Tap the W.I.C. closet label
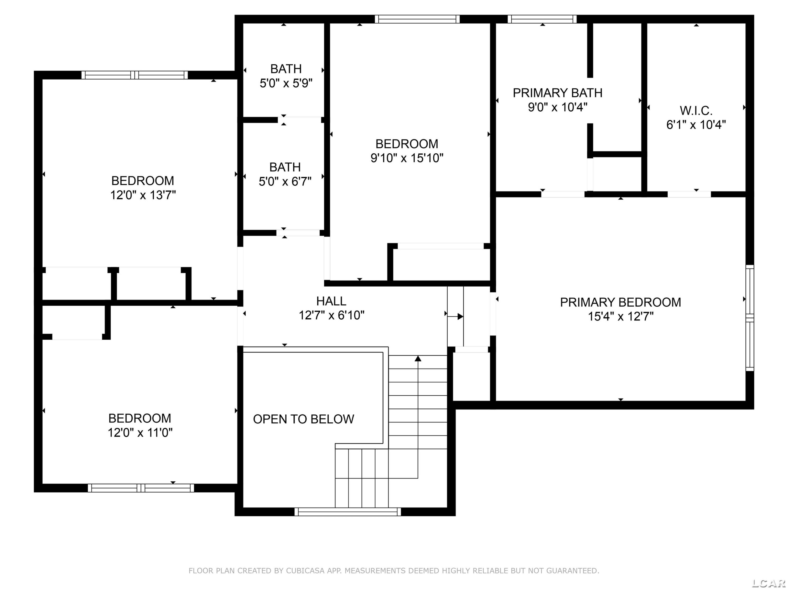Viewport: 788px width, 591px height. (696, 111)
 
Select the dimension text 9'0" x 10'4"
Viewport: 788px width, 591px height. (558, 107)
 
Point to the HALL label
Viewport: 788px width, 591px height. (331, 301)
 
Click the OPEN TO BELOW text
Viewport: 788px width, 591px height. (304, 419)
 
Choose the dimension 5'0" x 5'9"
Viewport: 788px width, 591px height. (286, 83)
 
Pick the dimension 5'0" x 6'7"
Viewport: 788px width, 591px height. (285, 182)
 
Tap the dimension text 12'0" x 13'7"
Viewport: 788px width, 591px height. (143, 195)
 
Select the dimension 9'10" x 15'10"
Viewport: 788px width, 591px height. (407, 158)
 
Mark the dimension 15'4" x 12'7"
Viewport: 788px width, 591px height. (621, 316)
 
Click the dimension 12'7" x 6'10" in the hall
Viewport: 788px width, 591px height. (331, 315)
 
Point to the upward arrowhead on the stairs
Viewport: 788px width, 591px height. (418, 358)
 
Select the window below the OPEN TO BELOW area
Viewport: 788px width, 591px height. (348, 512)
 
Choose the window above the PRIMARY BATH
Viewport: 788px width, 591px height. (542, 19)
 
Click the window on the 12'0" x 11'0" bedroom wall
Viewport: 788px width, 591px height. (141, 488)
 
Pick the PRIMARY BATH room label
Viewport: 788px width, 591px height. (558, 93)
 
